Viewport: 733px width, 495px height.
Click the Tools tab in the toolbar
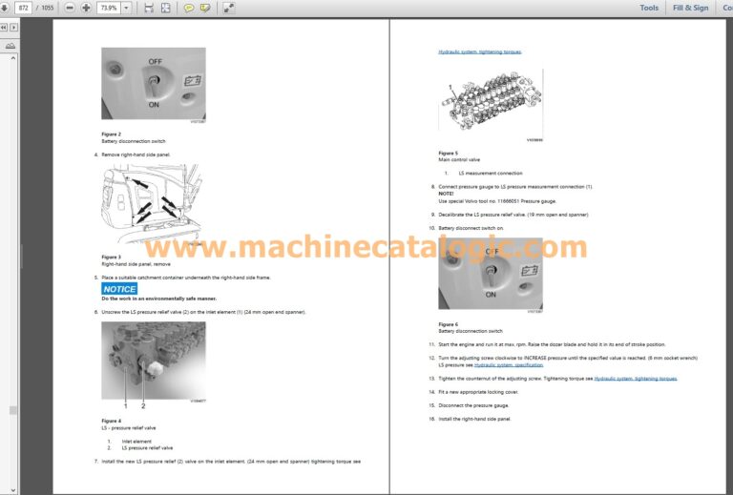coord(649,8)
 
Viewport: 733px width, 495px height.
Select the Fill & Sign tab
coord(690,8)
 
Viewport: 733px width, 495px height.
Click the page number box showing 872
coord(24,8)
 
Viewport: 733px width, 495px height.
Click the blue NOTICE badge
coord(119,288)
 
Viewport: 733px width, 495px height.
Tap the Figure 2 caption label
coord(111,134)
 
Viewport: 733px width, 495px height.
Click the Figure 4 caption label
coord(111,420)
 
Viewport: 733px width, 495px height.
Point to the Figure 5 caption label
coord(448,153)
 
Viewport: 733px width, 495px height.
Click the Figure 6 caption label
coord(448,324)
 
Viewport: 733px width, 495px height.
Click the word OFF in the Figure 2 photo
coord(155,60)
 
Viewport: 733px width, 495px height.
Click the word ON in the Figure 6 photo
coord(490,295)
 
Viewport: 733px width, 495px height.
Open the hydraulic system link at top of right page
coord(480,52)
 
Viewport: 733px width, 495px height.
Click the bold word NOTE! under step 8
coord(446,194)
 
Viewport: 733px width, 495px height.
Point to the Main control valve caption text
coord(459,159)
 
